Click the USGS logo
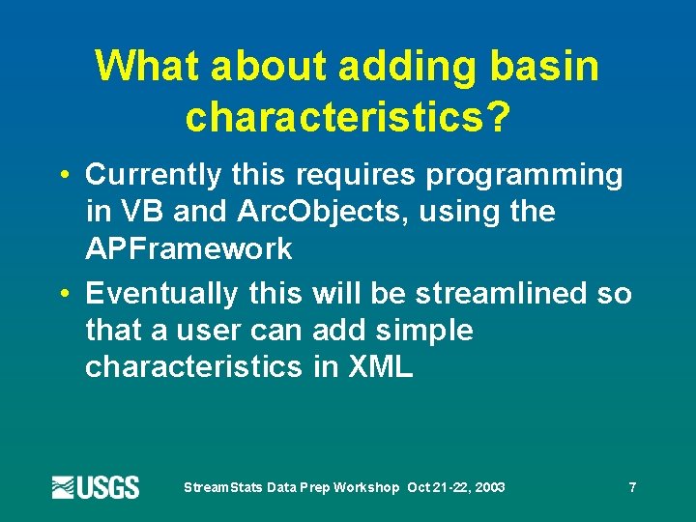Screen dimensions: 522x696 tap(96, 487)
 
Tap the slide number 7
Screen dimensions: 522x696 tap(632, 487)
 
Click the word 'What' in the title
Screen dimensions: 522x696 tap(148, 67)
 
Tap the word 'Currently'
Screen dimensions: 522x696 tap(155, 175)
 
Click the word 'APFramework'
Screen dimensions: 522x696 tap(188, 248)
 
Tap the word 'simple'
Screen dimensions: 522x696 tap(425, 331)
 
